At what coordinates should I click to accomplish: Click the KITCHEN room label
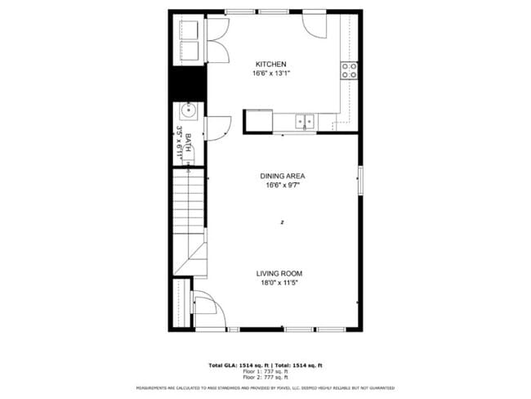click(x=270, y=64)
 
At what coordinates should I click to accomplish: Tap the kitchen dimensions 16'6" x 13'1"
click(x=271, y=73)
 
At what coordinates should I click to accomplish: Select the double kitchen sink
click(x=305, y=120)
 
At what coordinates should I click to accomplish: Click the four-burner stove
click(x=350, y=70)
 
